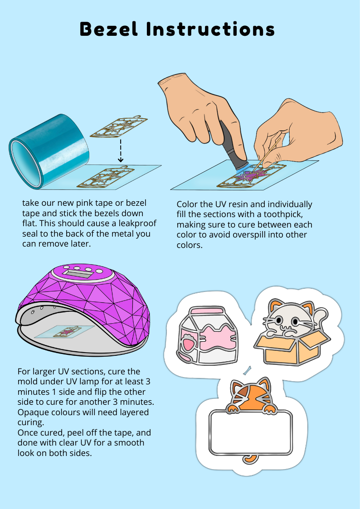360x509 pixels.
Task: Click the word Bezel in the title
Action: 109,29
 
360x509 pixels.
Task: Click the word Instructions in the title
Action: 210,29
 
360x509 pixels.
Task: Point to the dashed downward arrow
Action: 121,150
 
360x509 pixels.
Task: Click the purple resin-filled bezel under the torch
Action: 252,175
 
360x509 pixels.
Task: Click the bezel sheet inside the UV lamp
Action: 65,332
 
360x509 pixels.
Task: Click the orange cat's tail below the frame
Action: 250,459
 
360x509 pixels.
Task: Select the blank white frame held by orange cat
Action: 251,432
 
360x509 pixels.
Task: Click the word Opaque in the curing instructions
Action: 33,412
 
